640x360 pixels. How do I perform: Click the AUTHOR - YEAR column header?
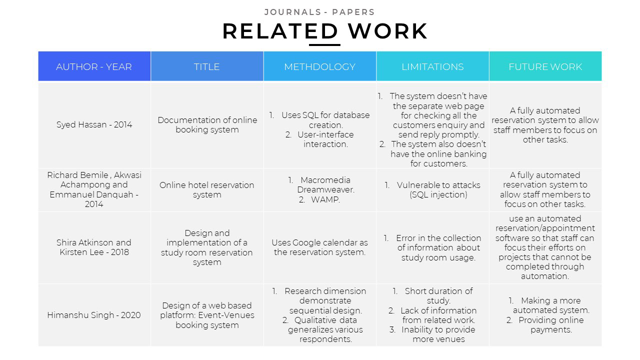94,66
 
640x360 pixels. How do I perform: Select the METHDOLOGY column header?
319,66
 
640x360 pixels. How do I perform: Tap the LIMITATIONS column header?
432,66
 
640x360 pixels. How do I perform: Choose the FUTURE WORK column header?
545,66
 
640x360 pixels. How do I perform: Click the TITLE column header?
206,66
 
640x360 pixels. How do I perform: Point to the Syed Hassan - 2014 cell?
94,125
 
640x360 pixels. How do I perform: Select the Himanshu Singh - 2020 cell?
94,315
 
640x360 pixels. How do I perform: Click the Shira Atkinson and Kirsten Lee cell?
94,247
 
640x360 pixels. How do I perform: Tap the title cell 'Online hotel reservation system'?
206,189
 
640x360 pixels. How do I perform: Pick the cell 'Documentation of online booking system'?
206,125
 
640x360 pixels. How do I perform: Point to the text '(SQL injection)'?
438,194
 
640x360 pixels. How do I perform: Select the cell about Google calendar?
319,247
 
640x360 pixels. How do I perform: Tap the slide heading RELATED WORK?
324,31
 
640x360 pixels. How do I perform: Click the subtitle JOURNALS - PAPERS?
319,12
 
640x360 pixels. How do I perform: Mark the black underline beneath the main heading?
324,45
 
